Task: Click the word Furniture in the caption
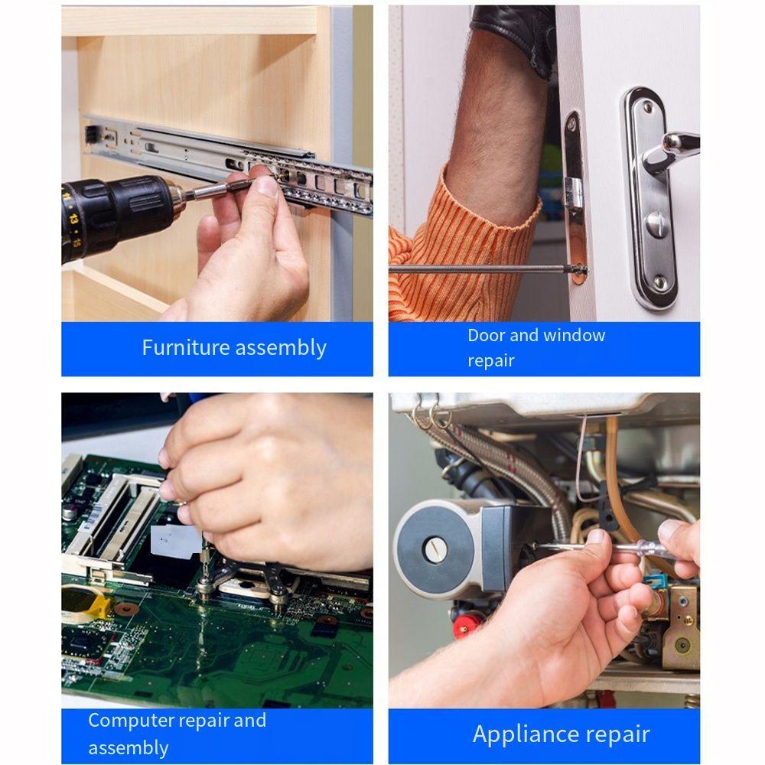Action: pos(185,347)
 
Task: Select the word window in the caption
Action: pos(574,335)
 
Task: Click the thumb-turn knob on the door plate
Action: pos(656,224)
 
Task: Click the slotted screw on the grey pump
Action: pos(434,550)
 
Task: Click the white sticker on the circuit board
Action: pos(176,542)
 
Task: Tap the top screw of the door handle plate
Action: pos(647,106)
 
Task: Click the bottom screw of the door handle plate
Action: pos(659,282)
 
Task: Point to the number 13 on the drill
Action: pos(73,217)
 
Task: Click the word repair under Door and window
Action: pos(491,361)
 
